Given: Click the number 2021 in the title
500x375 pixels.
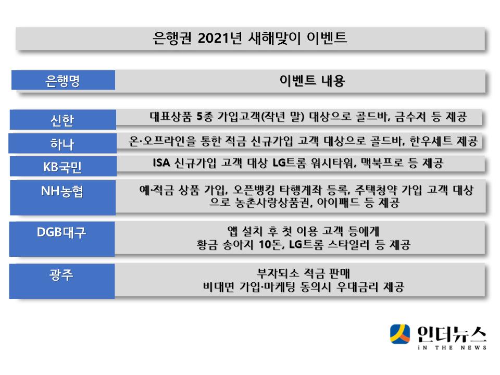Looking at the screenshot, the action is [214, 38].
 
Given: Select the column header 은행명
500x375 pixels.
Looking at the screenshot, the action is [63, 81].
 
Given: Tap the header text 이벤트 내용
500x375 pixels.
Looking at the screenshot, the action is [312, 81].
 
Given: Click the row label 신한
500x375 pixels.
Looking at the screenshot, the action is [62, 120].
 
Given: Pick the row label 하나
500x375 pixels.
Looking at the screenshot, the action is [62, 144].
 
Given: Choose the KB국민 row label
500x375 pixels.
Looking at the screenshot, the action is [62, 167].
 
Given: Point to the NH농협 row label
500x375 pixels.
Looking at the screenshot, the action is [62, 191].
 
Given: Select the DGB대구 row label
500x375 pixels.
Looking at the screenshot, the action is [61, 232].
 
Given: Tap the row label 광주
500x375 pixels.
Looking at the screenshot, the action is [61, 274].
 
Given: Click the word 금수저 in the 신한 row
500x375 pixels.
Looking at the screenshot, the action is [410, 117].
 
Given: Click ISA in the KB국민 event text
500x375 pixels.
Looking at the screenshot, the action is [161, 163].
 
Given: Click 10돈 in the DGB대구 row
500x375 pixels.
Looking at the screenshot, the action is [270, 245].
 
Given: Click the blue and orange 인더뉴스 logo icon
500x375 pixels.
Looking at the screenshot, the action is [400, 334].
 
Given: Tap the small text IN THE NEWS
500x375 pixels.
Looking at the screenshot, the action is [452, 347].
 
